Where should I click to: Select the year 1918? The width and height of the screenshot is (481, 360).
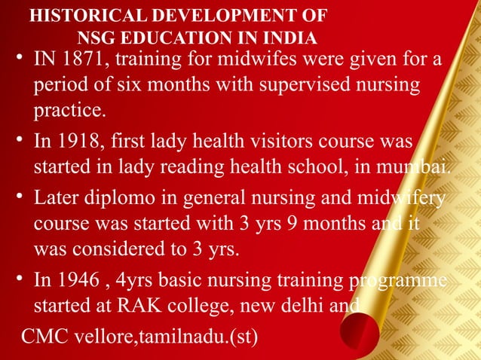83,141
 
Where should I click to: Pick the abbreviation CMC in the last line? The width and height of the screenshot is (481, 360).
44,331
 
